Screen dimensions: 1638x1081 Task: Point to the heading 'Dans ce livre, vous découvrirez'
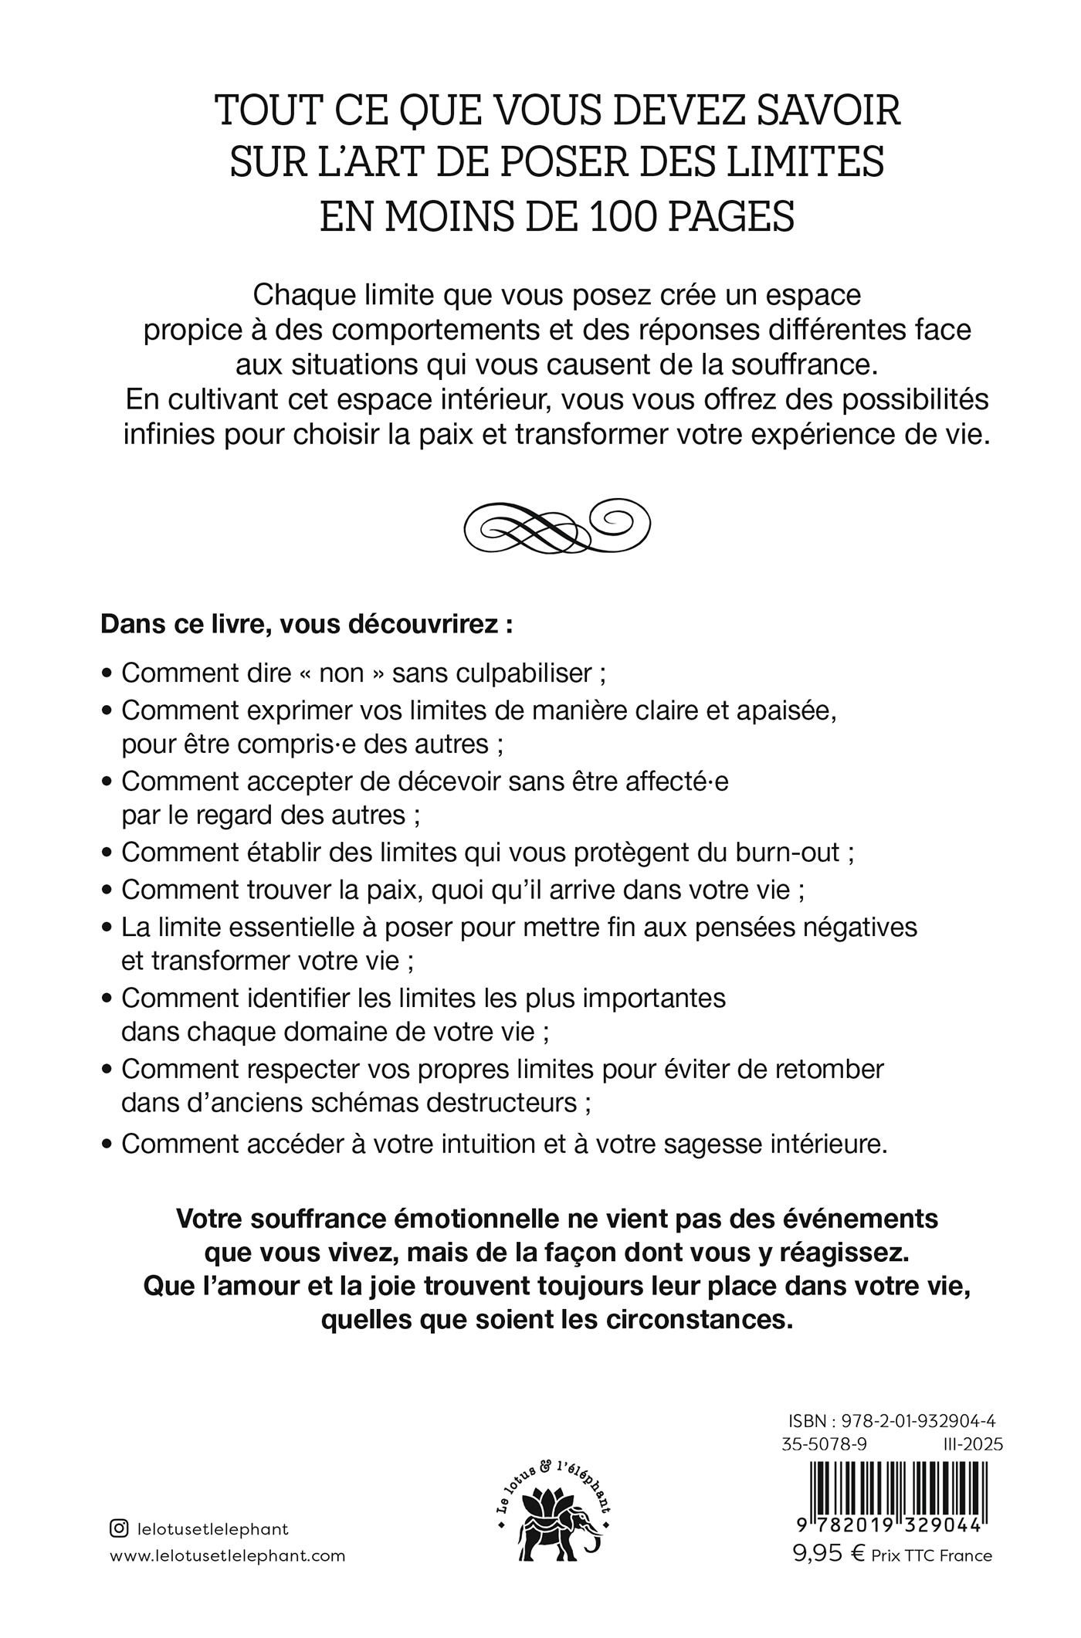click(x=307, y=624)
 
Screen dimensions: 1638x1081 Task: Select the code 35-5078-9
click(x=824, y=1444)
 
